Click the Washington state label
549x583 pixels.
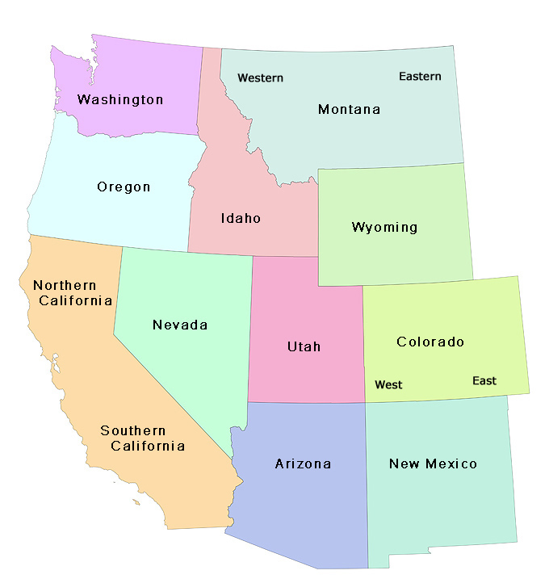tap(120, 100)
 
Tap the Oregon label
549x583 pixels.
tap(124, 187)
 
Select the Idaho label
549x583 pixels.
tap(241, 218)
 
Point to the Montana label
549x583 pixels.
tap(349, 110)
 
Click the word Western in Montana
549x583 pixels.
tap(260, 78)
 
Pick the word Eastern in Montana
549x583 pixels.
tap(420, 77)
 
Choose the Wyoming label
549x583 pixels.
tap(384, 228)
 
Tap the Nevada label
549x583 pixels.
tap(180, 325)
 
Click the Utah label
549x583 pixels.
tap(304, 347)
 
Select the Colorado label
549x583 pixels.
tap(430, 342)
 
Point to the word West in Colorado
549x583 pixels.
tap(388, 385)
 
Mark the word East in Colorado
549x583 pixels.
tap(484, 381)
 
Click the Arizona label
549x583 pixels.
tap(303, 464)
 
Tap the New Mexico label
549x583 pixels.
tap(433, 464)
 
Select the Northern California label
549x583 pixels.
tap(72, 293)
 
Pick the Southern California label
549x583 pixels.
tap(143, 438)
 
